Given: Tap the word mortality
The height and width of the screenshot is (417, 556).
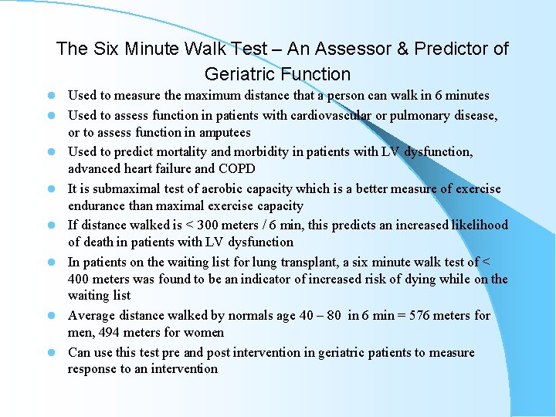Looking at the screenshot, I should tap(192, 152).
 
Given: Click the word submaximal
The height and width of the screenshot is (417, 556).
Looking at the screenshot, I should tap(125, 189).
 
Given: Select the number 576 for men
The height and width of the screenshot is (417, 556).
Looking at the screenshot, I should tap(411, 316).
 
